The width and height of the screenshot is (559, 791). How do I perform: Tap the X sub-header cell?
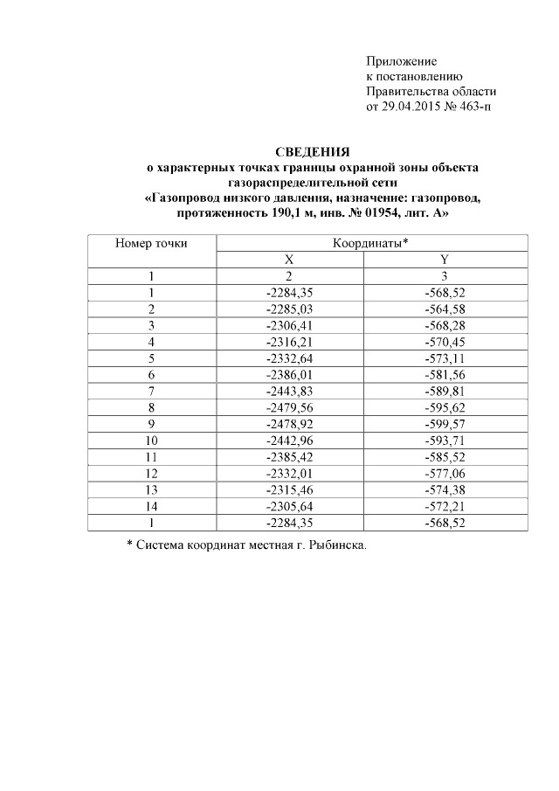[288, 260]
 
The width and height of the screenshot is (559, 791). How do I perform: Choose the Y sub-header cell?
[445, 260]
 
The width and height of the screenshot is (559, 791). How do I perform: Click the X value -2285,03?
[288, 309]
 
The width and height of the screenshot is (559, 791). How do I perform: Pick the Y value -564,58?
[445, 309]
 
